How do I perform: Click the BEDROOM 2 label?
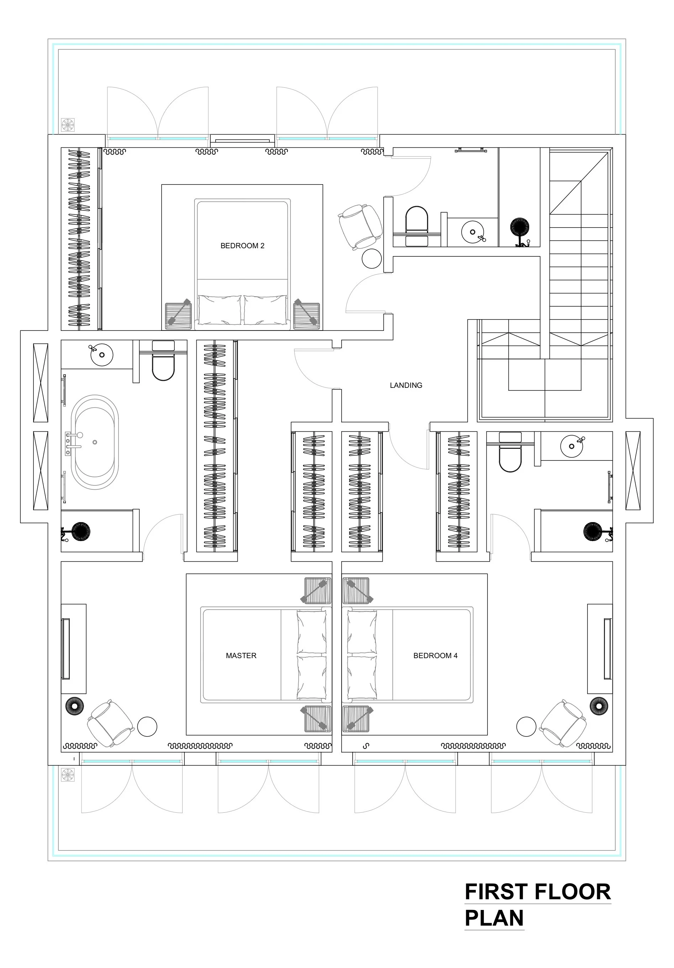(x=242, y=246)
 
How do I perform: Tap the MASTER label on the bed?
(x=241, y=655)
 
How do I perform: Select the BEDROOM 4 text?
(x=435, y=655)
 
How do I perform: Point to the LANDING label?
(x=406, y=385)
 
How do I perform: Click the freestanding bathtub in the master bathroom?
(x=95, y=442)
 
